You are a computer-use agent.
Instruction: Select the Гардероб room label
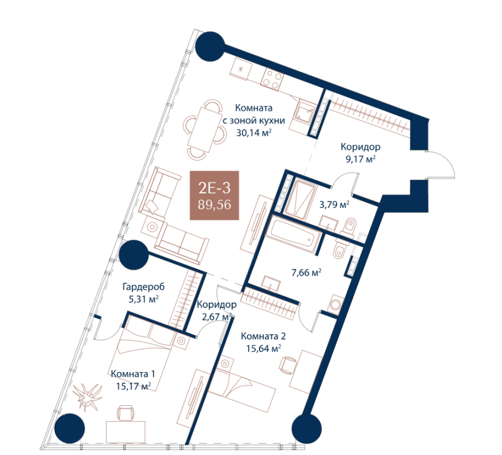144,287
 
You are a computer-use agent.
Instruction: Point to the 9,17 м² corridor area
361,159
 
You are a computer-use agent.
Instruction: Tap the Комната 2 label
264,337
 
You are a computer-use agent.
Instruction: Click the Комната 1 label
133,374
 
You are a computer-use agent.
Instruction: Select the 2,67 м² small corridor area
217,317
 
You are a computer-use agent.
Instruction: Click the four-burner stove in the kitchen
273,78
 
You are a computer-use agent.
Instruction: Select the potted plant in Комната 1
87,396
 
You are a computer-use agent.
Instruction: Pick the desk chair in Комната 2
288,365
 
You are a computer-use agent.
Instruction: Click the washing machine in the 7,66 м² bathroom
335,304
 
